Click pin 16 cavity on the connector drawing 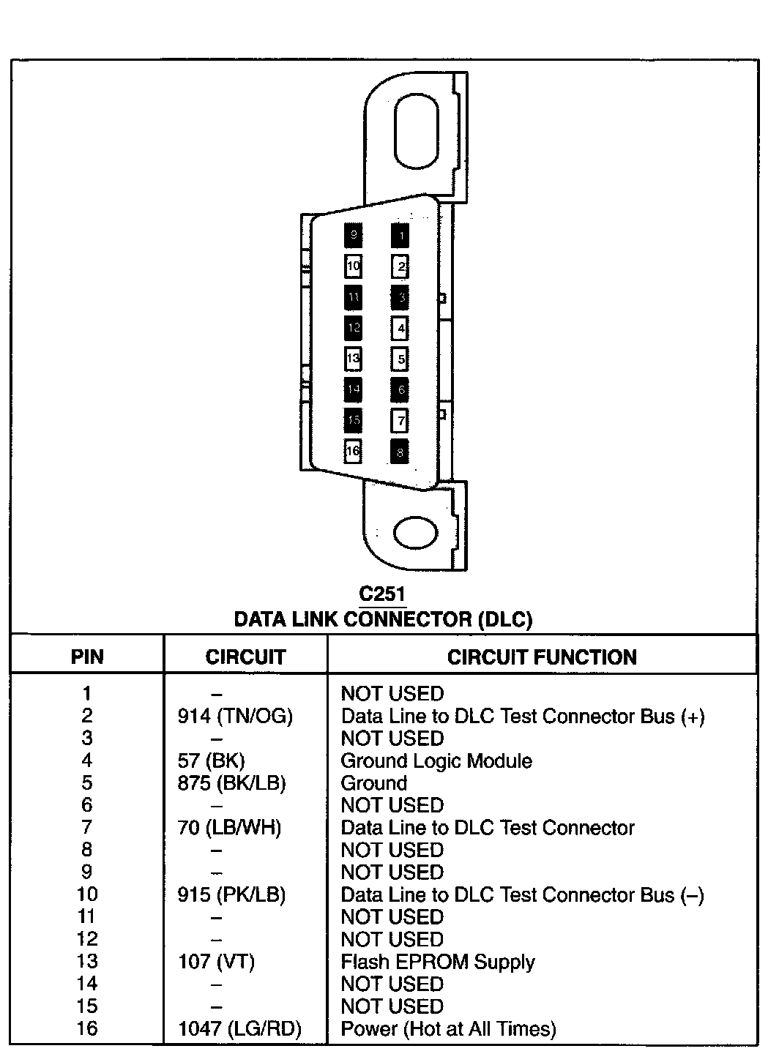[x=353, y=451]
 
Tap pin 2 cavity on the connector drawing [x=400, y=266]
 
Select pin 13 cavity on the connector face [x=353, y=359]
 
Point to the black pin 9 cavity [x=353, y=235]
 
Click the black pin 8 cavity [x=400, y=452]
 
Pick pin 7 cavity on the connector [x=400, y=421]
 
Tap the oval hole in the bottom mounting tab [x=415, y=531]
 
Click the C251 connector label [x=382, y=594]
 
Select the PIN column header [x=87, y=657]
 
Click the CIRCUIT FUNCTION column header [x=542, y=657]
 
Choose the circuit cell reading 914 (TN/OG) [x=235, y=716]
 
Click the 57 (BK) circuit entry [x=211, y=760]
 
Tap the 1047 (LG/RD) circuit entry [x=239, y=1028]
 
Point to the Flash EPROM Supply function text [x=438, y=962]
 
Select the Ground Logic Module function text [x=436, y=760]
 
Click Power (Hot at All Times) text [x=448, y=1028]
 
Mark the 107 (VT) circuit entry [x=216, y=962]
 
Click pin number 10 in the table [x=87, y=894]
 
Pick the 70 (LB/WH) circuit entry [x=229, y=828]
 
